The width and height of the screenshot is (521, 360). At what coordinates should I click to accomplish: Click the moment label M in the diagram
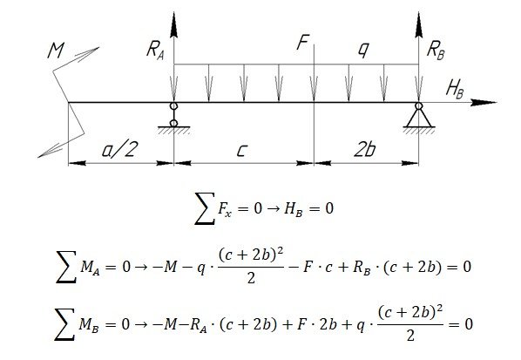[x=56, y=51]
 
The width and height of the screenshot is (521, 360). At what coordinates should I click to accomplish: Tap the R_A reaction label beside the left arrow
[x=155, y=51]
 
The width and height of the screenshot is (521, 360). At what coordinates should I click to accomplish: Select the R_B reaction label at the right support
[x=436, y=51]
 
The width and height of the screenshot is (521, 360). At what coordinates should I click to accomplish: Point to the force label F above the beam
[x=303, y=42]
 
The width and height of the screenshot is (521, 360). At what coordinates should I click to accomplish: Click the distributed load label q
[x=363, y=50]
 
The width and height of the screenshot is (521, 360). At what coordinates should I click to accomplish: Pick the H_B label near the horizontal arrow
[x=455, y=90]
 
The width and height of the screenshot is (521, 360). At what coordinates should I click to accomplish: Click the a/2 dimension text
[x=119, y=149]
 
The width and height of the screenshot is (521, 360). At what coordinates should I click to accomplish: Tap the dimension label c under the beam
[x=241, y=151]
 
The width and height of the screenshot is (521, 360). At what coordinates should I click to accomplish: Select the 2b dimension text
[x=364, y=149]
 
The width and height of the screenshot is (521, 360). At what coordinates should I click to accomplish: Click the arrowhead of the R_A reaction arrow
[x=173, y=25]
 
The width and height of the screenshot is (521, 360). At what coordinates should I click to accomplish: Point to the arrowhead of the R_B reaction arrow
[x=419, y=25]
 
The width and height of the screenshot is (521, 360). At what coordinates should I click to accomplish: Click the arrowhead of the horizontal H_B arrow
[x=484, y=102]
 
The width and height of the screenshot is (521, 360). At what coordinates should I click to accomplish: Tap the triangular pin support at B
[x=419, y=118]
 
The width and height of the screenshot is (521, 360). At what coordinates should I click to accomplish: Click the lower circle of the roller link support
[x=173, y=124]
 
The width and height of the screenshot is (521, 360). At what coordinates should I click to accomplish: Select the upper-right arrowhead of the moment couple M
[x=87, y=53]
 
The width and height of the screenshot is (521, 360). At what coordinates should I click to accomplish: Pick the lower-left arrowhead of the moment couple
[x=51, y=151]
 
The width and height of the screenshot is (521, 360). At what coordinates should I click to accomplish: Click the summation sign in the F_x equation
[x=205, y=208]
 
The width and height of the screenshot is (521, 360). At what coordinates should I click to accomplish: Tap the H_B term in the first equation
[x=294, y=209]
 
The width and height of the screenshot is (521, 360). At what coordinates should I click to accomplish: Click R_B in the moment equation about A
[x=362, y=268]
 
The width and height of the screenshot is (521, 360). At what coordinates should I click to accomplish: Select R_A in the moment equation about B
[x=199, y=325]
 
